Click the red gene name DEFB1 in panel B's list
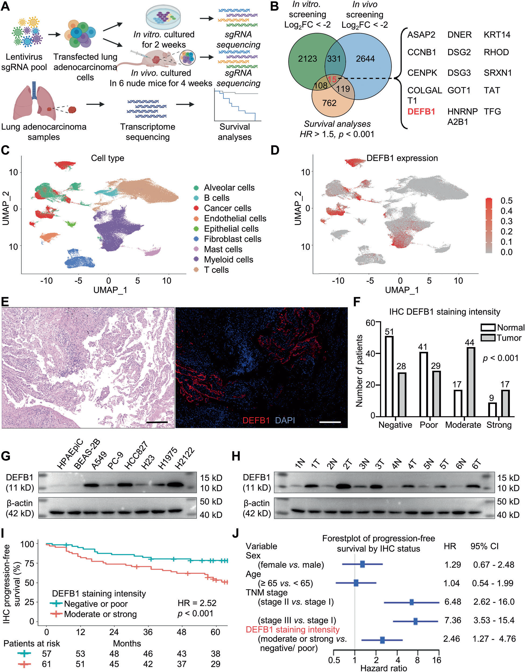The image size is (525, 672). (421, 111)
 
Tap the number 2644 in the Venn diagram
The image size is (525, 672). (365, 58)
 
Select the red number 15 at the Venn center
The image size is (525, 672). (332, 79)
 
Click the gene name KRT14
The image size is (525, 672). (497, 34)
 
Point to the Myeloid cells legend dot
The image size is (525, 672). (196, 259)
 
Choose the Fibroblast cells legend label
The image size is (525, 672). (232, 239)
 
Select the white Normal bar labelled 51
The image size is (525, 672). (389, 376)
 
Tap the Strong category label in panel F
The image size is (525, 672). (499, 425)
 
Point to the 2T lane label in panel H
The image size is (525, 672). (348, 463)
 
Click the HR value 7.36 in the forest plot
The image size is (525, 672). (453, 620)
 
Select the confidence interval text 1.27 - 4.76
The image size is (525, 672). (494, 639)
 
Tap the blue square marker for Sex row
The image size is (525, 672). (363, 564)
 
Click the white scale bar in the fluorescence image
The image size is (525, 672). (330, 422)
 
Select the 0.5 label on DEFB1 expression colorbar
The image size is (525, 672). (506, 201)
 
